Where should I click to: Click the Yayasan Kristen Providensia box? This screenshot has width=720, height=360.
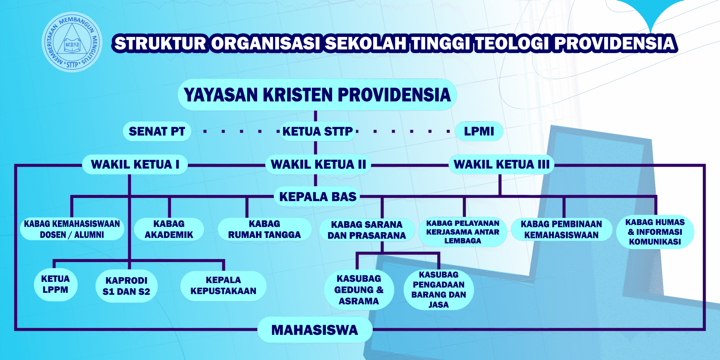pos(317,94)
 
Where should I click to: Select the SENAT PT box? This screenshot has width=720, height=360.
pos(157,131)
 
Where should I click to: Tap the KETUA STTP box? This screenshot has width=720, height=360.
pos(318,131)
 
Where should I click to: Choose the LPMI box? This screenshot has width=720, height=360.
pos(479,131)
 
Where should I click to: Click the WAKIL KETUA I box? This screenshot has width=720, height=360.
pos(135,164)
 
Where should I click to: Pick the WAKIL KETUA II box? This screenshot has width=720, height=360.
pos(318,164)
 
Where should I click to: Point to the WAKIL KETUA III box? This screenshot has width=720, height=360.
pos(501,164)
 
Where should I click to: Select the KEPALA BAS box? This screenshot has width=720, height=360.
pos(318,197)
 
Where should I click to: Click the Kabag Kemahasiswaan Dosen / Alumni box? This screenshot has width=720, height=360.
pos(72,229)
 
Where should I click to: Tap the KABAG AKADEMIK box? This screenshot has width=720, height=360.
pos(169,229)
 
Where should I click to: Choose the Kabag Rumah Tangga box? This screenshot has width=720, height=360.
pos(264,229)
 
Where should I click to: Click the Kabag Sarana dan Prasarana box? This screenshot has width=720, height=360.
pos(367,230)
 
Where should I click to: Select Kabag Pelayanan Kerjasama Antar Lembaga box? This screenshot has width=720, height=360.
pos(463,232)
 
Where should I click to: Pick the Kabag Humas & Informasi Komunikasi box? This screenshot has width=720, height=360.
pos(655,232)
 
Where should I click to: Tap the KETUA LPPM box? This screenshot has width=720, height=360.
pos(55,284)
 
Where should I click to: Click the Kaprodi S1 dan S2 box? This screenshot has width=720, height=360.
pos(126,286)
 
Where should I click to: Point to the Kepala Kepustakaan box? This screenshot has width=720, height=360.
pos(223,285)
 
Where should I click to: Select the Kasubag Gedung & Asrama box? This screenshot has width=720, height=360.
pos(359,290)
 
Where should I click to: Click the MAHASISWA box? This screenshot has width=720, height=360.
pos(315,330)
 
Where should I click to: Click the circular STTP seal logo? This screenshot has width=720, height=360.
pos(72,42)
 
